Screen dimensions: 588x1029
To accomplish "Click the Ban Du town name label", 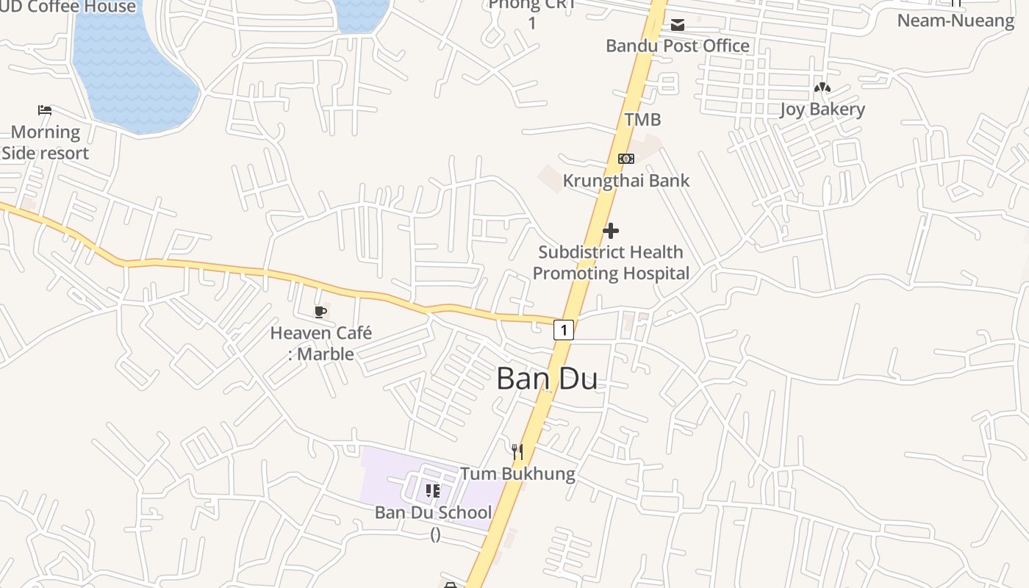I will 547,379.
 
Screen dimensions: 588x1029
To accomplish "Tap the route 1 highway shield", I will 564,330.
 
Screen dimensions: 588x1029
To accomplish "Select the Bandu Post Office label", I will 677,46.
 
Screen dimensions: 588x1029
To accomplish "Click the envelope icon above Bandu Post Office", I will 677,26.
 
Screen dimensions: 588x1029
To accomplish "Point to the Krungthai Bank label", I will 626,180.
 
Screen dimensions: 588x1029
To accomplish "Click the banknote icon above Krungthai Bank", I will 625,159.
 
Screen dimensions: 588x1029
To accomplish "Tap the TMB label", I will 642,119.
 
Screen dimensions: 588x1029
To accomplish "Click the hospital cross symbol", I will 610,231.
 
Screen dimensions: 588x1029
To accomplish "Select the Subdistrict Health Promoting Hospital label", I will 611,262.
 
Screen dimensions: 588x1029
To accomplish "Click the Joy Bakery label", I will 822,110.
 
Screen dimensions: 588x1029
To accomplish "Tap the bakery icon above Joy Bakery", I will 822,88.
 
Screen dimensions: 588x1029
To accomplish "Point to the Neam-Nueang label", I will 955,20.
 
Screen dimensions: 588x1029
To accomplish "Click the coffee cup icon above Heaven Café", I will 320,312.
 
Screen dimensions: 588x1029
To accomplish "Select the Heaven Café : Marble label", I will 321,343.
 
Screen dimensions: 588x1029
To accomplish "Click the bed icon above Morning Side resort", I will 45,111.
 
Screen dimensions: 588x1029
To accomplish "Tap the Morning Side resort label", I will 46,143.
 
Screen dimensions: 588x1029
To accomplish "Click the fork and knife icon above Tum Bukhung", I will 517,451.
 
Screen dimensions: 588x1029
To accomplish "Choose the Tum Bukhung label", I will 517,473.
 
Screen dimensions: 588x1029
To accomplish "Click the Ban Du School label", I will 433,512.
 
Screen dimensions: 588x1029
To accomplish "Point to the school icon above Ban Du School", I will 433,490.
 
